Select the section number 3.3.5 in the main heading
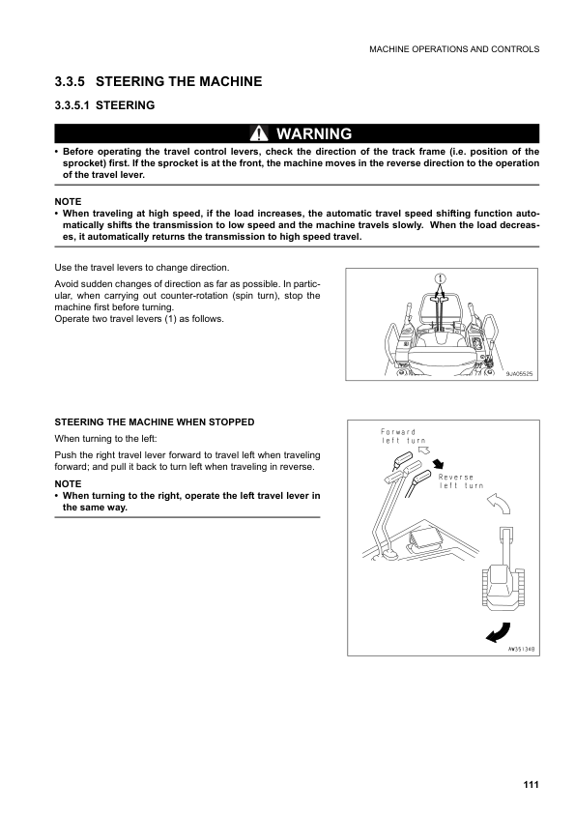pos(73,82)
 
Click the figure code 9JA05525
pos(519,372)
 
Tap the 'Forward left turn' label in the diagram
pos(397,436)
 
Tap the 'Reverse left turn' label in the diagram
pos(461,481)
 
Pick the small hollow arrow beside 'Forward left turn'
pos(423,450)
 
